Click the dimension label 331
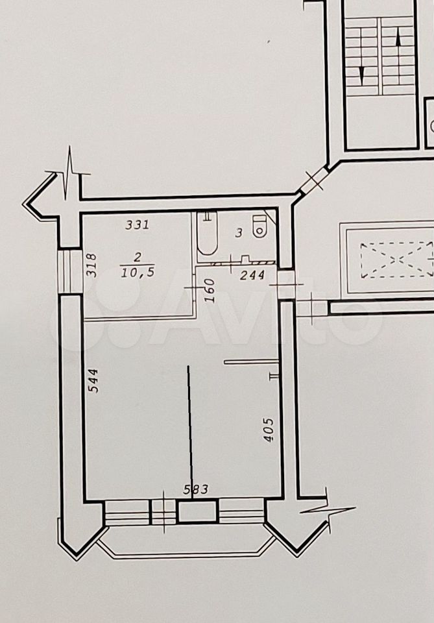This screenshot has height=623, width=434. (137, 225)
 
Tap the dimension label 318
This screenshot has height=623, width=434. (91, 265)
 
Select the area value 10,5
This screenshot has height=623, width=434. (138, 272)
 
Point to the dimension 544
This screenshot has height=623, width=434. (93, 381)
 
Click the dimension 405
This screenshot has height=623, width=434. (269, 430)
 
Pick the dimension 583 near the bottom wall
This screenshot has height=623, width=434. (195, 489)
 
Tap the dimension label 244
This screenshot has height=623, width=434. (252, 275)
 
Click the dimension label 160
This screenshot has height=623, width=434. (210, 291)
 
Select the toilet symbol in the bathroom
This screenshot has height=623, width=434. (259, 226)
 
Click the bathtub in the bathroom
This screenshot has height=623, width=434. (207, 234)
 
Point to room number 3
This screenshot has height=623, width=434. (238, 233)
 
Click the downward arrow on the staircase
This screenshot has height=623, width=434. (362, 74)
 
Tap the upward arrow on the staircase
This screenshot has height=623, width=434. (399, 39)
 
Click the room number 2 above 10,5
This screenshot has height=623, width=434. (138, 257)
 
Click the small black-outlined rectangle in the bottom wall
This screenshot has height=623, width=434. (198, 512)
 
